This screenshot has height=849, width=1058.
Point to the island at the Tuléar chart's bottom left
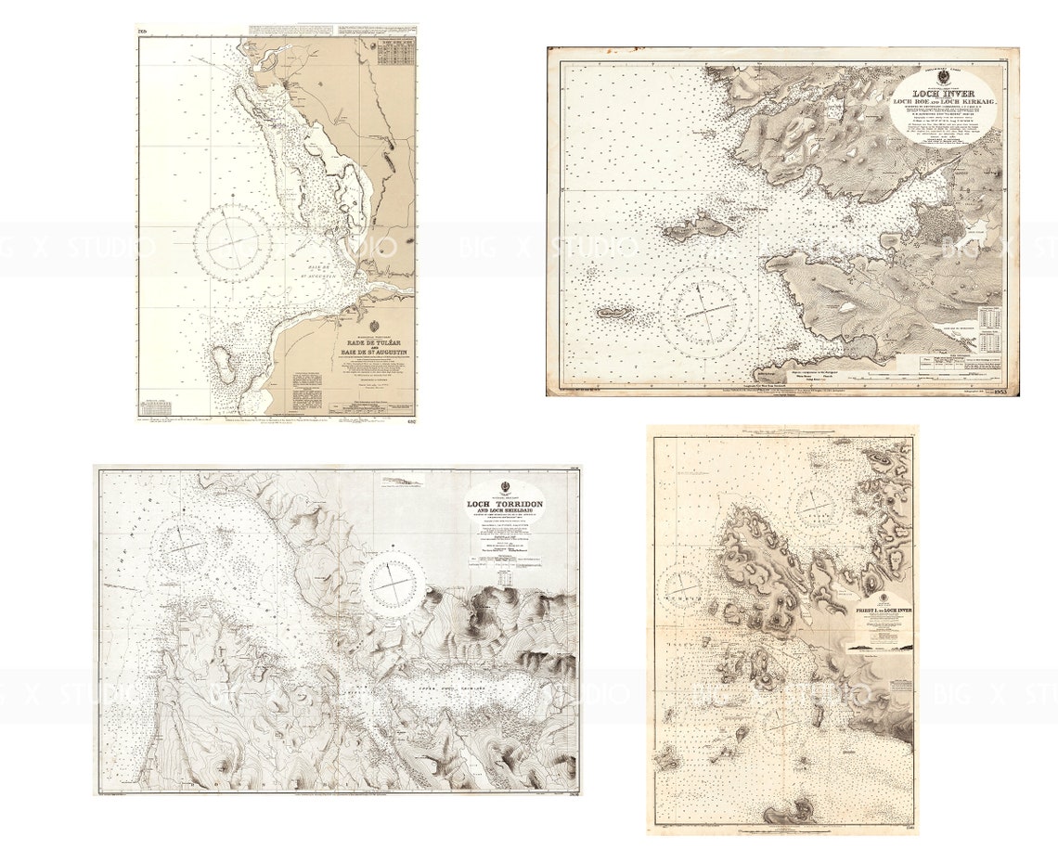click(x=222, y=365)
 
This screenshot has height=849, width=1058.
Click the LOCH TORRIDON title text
click(x=505, y=504)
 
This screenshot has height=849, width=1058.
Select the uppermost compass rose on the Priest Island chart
click(x=816, y=502)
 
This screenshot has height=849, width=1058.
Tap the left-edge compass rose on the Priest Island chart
click(x=682, y=585)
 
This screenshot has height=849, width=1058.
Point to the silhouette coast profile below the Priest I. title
click(x=881, y=647)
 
